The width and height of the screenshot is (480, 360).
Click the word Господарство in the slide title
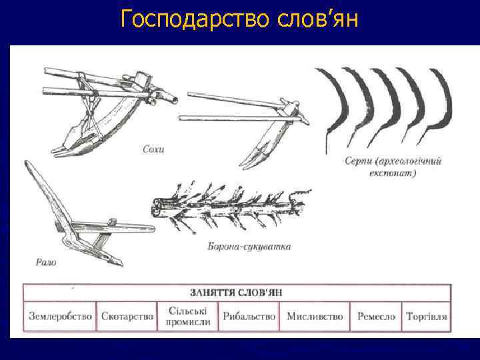tap(193, 20)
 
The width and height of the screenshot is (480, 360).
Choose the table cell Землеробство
tap(60, 317)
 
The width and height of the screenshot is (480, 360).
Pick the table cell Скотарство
tap(127, 317)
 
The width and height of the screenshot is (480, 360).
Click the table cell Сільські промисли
tap(189, 317)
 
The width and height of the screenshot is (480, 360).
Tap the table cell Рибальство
tap(249, 317)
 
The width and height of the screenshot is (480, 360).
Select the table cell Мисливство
tap(315, 317)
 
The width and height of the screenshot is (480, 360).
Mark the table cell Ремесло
tap(376, 317)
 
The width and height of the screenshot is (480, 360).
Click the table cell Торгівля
tap(427, 317)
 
